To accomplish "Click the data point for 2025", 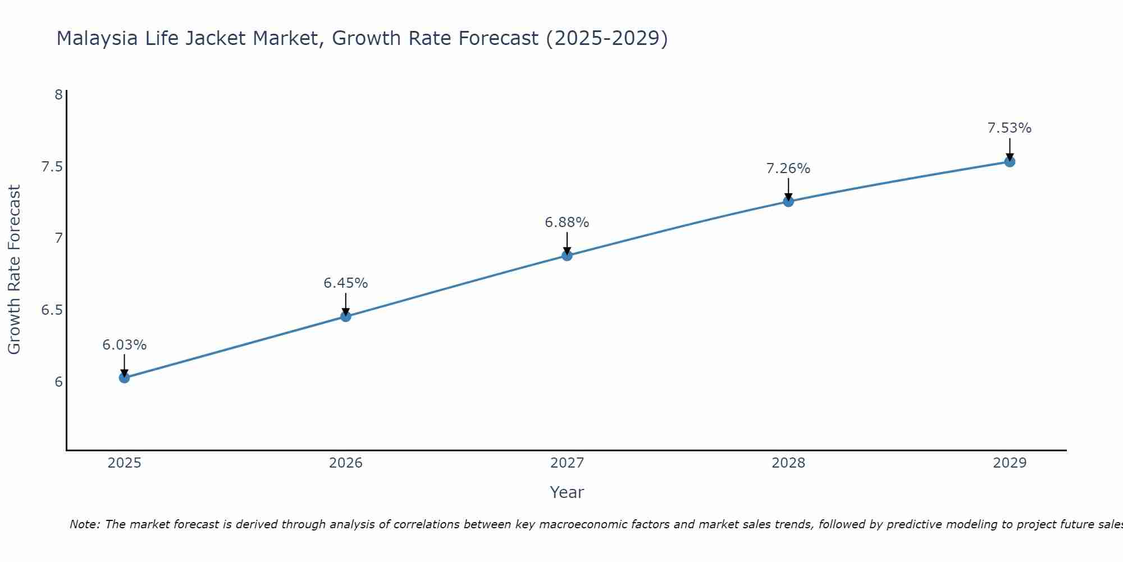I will coord(124,378).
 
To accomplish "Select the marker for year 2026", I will coord(346,316).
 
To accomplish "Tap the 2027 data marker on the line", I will coord(567,256).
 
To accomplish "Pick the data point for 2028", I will coord(788,201).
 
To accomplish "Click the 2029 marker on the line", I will coord(1010,162).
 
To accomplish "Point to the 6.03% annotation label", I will coord(124,345).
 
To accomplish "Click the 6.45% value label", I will coord(346,283).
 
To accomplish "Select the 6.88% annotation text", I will coord(567,223).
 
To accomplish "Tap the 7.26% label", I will coord(788,169).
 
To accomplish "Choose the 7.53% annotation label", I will coord(1010,128).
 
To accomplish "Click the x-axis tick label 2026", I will coord(346,463).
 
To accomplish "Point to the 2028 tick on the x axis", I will coord(788,463).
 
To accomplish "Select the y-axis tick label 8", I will coord(58,94).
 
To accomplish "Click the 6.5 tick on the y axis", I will coord(52,310).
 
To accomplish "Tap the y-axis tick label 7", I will coord(58,238).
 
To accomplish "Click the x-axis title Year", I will coord(567,492).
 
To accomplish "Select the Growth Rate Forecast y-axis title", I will coord(14,270).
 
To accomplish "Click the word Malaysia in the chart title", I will coord(97,38).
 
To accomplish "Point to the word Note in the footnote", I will coord(84,524).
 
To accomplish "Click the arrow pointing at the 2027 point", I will coord(567,243).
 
